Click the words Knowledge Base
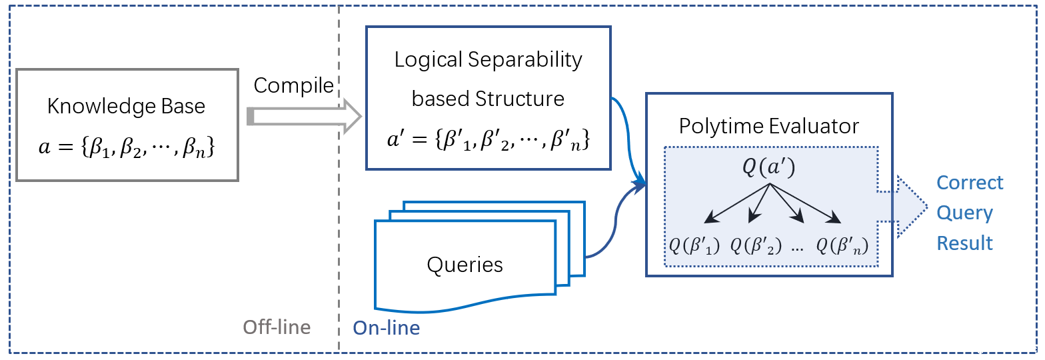126,107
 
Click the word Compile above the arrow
293,86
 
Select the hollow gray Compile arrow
304,116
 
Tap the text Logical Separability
488,61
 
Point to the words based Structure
488,99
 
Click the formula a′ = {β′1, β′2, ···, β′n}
489,139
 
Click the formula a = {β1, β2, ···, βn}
127,147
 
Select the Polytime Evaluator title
769,126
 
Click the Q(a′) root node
769,167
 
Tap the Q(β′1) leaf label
694,245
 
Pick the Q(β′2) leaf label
756,245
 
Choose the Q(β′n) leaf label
842,245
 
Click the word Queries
465,265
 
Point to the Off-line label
277,327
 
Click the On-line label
387,328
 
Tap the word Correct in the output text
970,183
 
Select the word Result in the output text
965,243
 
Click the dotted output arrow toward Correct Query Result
902,207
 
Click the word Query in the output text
965,213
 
